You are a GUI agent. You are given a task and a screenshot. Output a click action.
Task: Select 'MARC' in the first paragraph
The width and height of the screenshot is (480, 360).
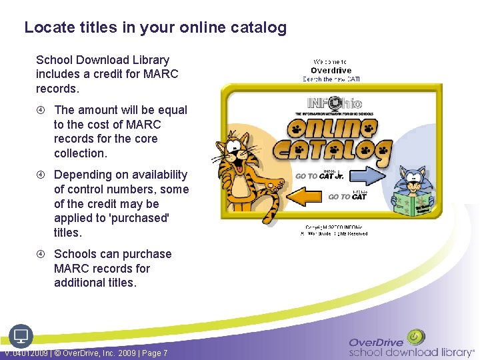coord(163,74)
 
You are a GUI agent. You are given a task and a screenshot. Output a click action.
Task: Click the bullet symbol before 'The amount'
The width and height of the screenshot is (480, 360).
coord(41,110)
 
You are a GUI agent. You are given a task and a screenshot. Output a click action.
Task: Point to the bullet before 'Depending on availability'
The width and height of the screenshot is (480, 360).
coord(41,175)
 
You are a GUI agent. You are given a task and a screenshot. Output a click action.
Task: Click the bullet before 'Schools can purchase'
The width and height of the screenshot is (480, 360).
coord(41,254)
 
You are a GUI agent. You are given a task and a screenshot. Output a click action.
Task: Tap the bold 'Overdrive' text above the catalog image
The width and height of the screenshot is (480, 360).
coord(331,70)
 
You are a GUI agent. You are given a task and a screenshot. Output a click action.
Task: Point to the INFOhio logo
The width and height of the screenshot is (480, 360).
coord(334,103)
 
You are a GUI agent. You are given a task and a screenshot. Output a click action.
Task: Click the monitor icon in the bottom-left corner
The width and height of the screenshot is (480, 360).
coord(21,335)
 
